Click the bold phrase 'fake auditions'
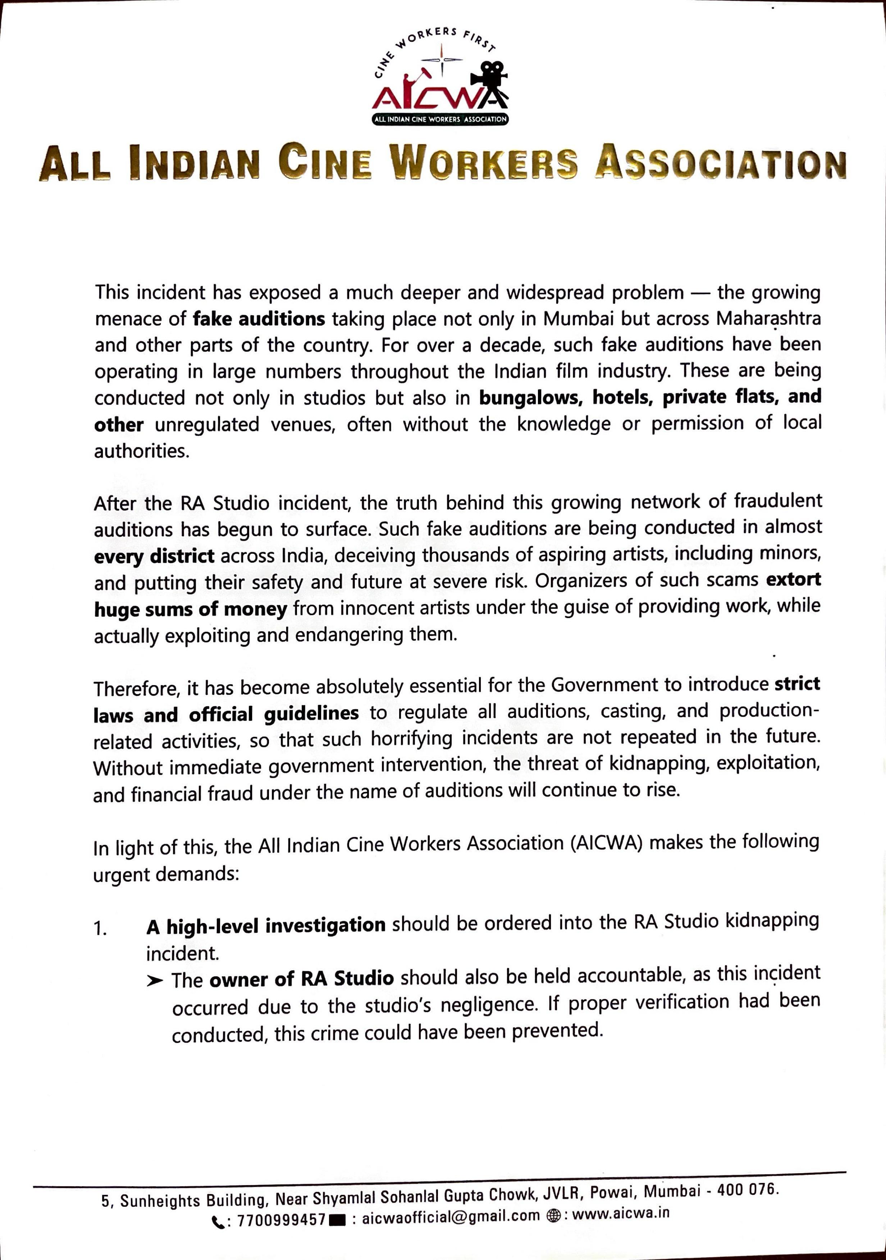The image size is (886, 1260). pyautogui.click(x=259, y=319)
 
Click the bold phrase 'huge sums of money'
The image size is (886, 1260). pyautogui.click(x=190, y=609)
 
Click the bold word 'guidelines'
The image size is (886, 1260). pyautogui.click(x=311, y=714)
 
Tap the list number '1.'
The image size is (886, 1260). pyautogui.click(x=101, y=928)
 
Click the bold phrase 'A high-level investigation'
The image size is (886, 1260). pyautogui.click(x=266, y=926)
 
